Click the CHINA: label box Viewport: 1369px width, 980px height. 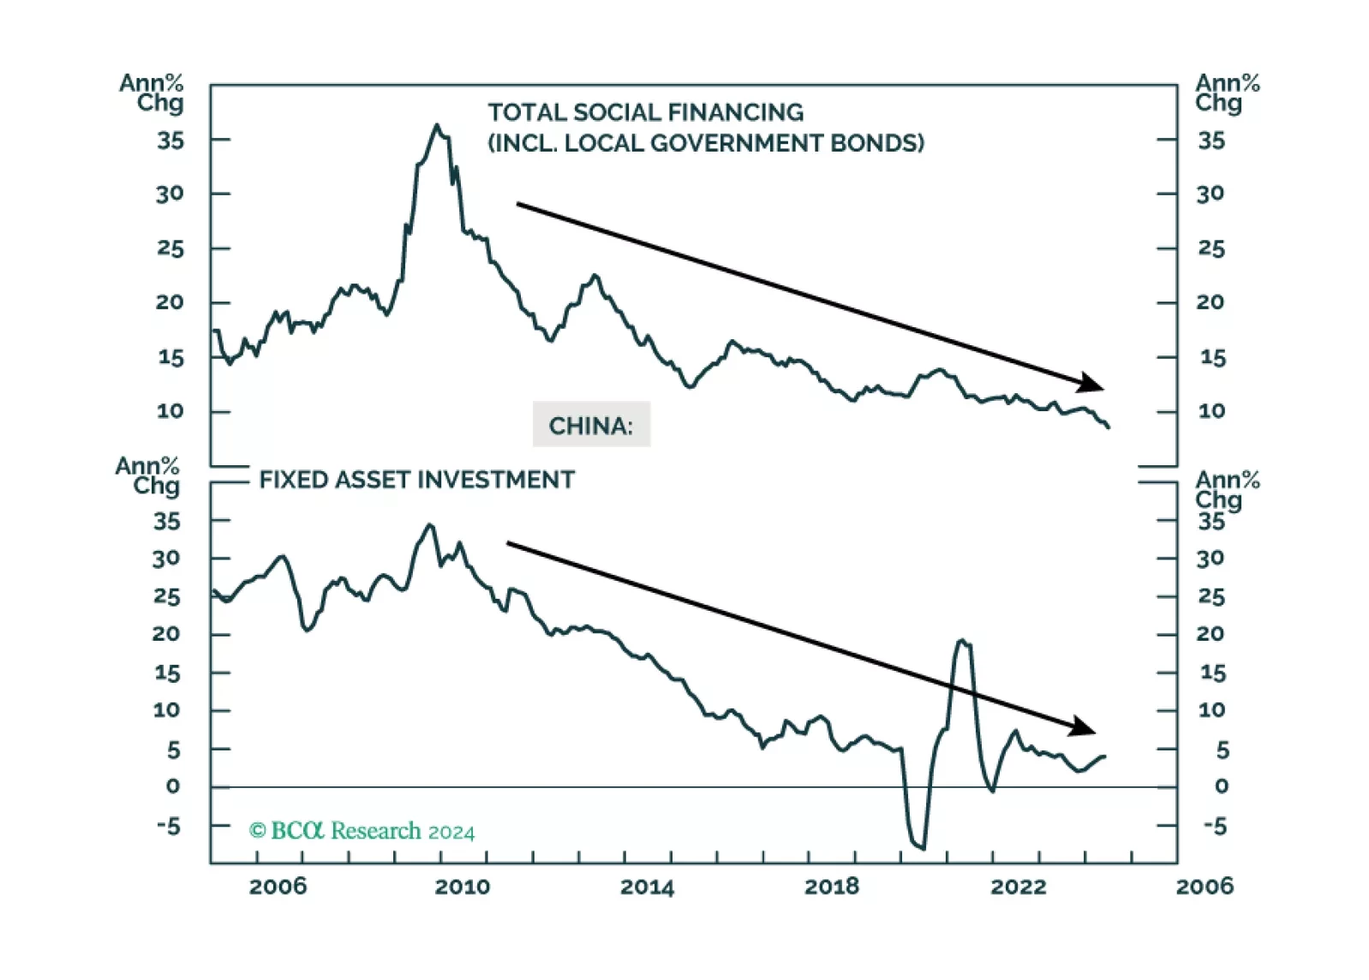(x=591, y=425)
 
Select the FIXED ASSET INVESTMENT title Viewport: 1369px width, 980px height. (x=416, y=480)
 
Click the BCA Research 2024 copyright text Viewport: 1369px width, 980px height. (x=362, y=831)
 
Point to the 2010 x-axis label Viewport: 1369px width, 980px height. (x=462, y=887)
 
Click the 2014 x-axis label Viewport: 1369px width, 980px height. (x=647, y=887)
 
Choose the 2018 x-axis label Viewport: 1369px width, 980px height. (x=831, y=887)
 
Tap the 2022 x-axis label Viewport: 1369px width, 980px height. (x=1018, y=887)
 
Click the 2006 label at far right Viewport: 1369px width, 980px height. (x=1204, y=887)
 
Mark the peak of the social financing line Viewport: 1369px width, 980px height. (x=437, y=125)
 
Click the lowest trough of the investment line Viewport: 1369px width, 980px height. (x=924, y=849)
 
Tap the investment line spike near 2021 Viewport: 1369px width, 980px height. (x=962, y=640)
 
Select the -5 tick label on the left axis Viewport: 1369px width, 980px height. (x=168, y=827)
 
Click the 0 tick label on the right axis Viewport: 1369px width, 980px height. (x=1221, y=786)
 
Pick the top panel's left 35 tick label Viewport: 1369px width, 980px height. (x=170, y=140)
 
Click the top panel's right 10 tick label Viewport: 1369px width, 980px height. (x=1211, y=411)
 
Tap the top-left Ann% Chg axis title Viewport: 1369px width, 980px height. (x=152, y=93)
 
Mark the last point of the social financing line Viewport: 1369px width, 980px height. (x=1109, y=427)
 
